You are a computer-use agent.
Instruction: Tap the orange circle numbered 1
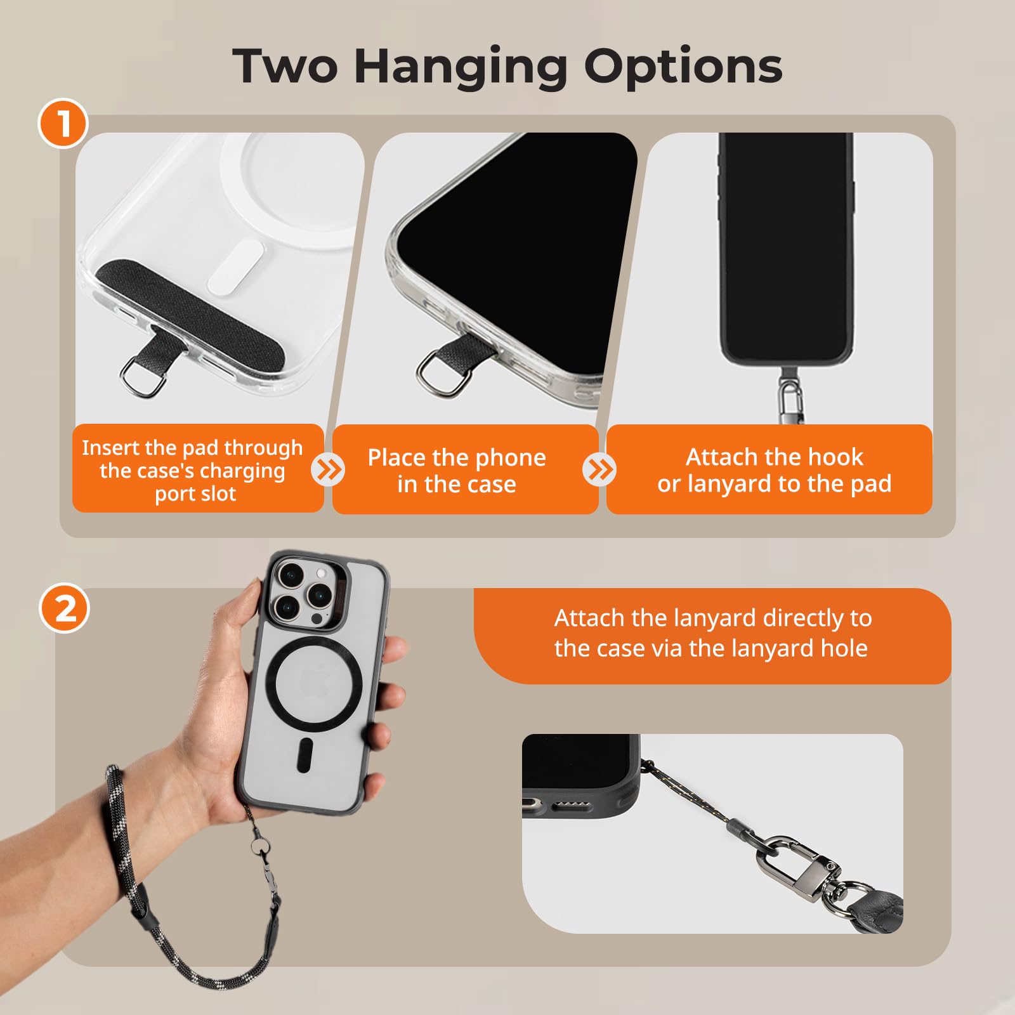coord(63,123)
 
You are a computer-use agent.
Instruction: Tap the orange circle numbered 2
coord(65,608)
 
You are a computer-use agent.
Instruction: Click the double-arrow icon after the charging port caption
coord(328,470)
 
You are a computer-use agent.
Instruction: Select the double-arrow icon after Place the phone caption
coord(599,470)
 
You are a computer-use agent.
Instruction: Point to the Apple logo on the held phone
coord(315,681)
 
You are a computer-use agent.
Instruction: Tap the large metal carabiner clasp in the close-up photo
coord(801,867)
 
